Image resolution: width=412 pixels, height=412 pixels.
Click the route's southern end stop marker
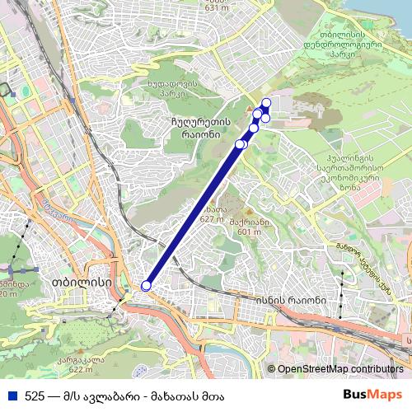click(x=147, y=286)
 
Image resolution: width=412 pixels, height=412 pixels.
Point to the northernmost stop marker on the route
click(x=266, y=102)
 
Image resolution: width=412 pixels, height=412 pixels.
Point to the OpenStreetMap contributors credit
click(x=339, y=370)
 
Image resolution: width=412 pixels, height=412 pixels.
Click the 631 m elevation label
click(x=216, y=7)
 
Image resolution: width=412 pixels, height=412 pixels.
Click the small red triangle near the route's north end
click(x=249, y=109)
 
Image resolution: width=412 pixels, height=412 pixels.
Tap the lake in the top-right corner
click(x=387, y=12)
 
